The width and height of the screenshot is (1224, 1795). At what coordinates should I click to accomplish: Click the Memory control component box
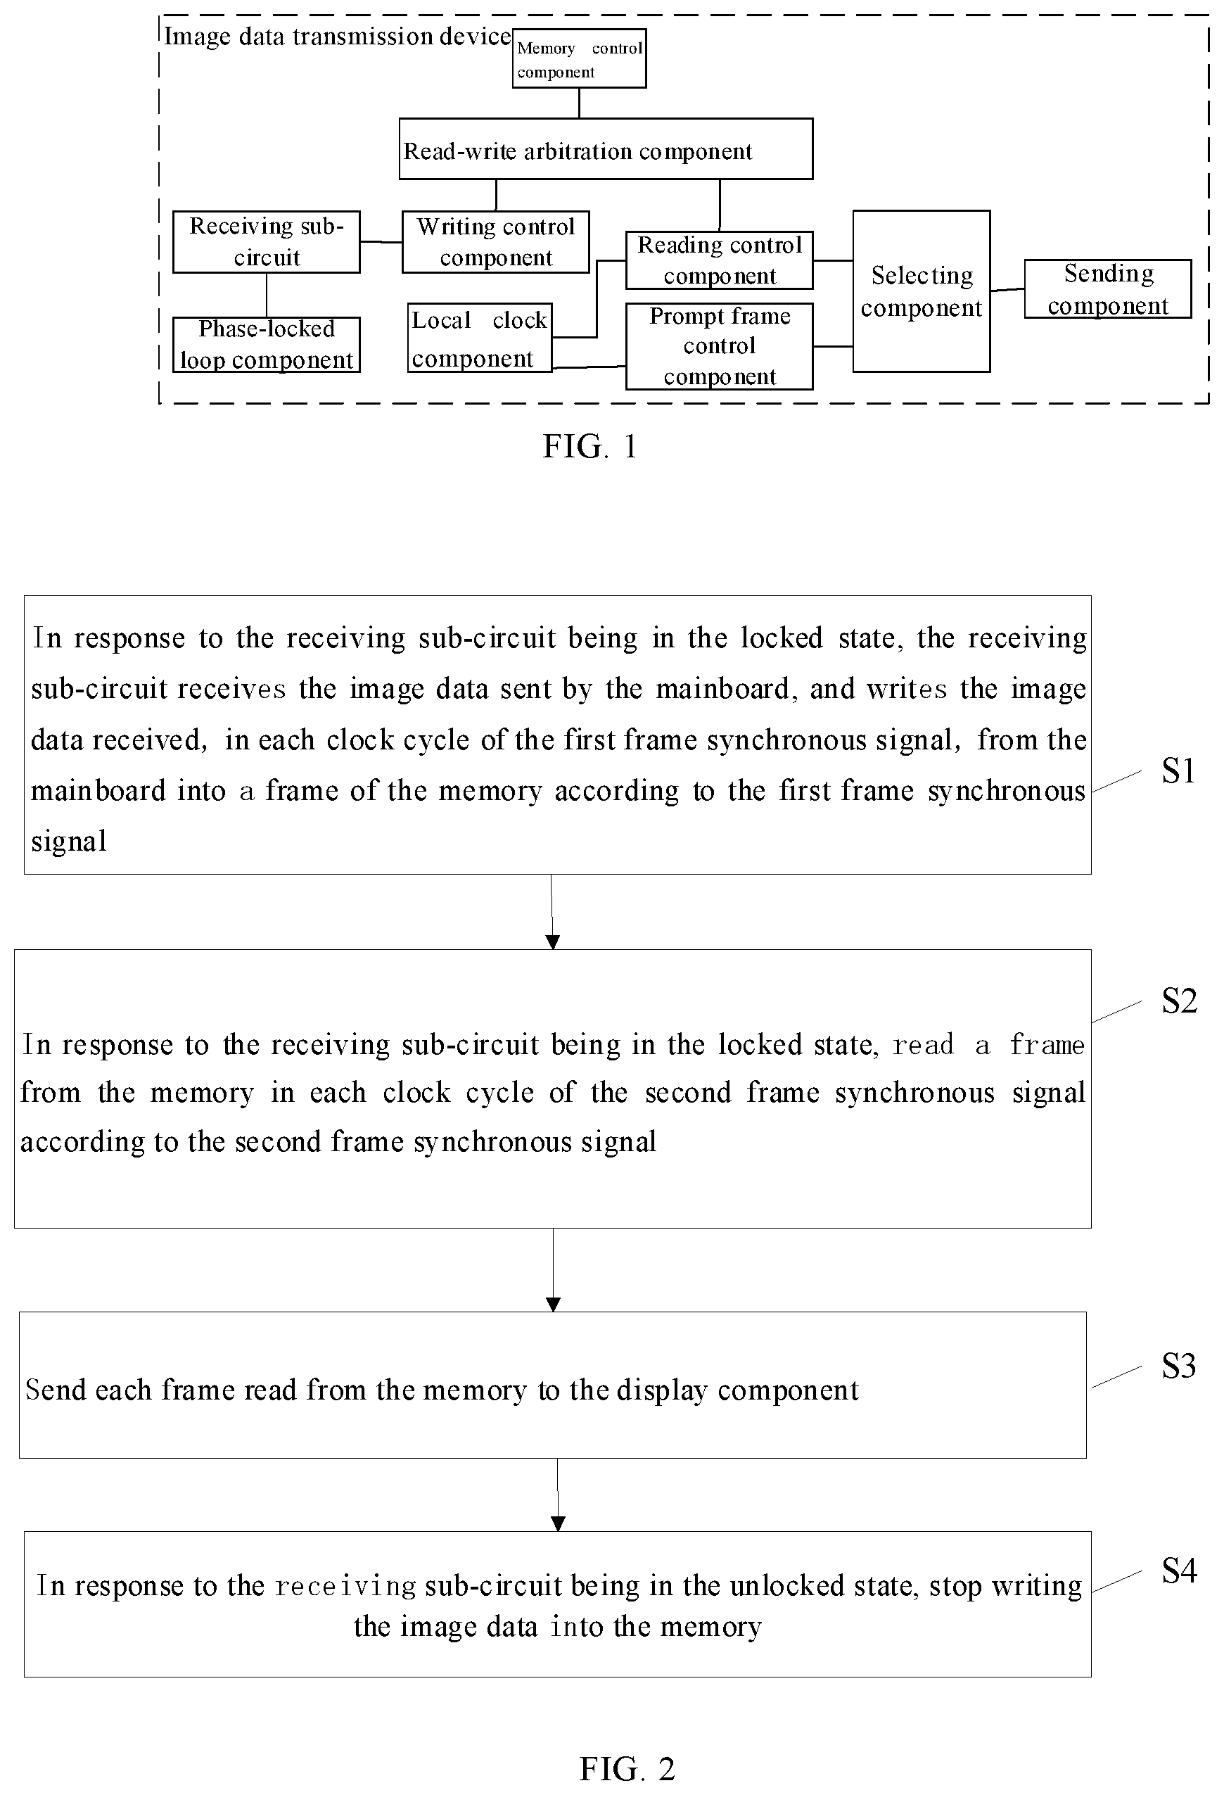point(579,58)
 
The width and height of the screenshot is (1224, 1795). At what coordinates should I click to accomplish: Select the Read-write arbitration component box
point(606,149)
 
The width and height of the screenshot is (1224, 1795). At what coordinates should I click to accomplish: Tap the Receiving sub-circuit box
point(267,242)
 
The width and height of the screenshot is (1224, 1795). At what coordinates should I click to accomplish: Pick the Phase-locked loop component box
point(267,345)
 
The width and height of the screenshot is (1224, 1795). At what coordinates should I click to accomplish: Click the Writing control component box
point(496,242)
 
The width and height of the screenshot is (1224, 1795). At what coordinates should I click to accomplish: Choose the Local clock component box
point(480,338)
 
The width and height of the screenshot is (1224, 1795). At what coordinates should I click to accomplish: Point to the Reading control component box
point(720,260)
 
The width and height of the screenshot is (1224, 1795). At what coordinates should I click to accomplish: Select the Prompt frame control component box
point(720,346)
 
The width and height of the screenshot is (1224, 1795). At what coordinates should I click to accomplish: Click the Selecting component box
point(922,291)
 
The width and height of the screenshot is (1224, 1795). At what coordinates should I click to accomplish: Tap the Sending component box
point(1108,289)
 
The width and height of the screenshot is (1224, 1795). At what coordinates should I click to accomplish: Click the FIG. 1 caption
point(590,446)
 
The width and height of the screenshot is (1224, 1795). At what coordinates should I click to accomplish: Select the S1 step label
point(1178,770)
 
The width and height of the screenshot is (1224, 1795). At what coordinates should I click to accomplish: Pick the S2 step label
point(1179,1001)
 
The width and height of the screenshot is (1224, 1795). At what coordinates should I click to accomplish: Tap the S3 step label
point(1178,1366)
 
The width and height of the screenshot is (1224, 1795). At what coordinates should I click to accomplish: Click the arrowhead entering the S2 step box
point(553,942)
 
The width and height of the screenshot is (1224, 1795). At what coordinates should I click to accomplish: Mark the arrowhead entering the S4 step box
point(559,1524)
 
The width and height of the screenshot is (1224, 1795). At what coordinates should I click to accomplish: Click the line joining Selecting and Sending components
point(1008,290)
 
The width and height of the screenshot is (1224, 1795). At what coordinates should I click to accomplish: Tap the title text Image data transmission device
point(338,37)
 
